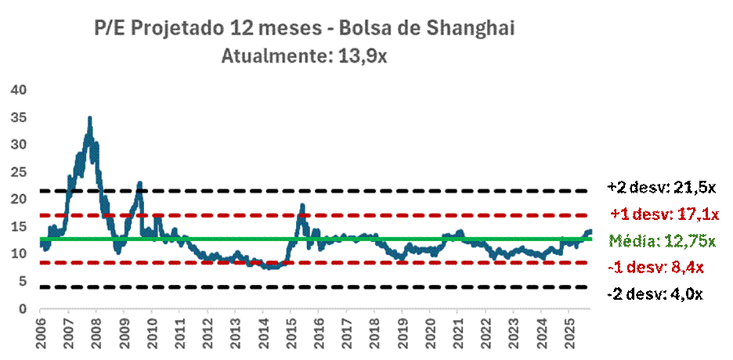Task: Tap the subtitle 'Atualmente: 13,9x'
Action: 303,56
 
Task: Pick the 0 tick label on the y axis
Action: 23,309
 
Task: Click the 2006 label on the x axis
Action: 41,329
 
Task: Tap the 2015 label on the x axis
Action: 291,329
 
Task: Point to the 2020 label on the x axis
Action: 429,329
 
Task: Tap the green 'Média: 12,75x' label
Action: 663,241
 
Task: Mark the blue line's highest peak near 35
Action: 90,118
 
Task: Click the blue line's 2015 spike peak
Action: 302,206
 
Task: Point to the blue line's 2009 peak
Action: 139,183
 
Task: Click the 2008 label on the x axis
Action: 96,329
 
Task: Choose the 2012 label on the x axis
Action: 208,329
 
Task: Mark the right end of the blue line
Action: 590,232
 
